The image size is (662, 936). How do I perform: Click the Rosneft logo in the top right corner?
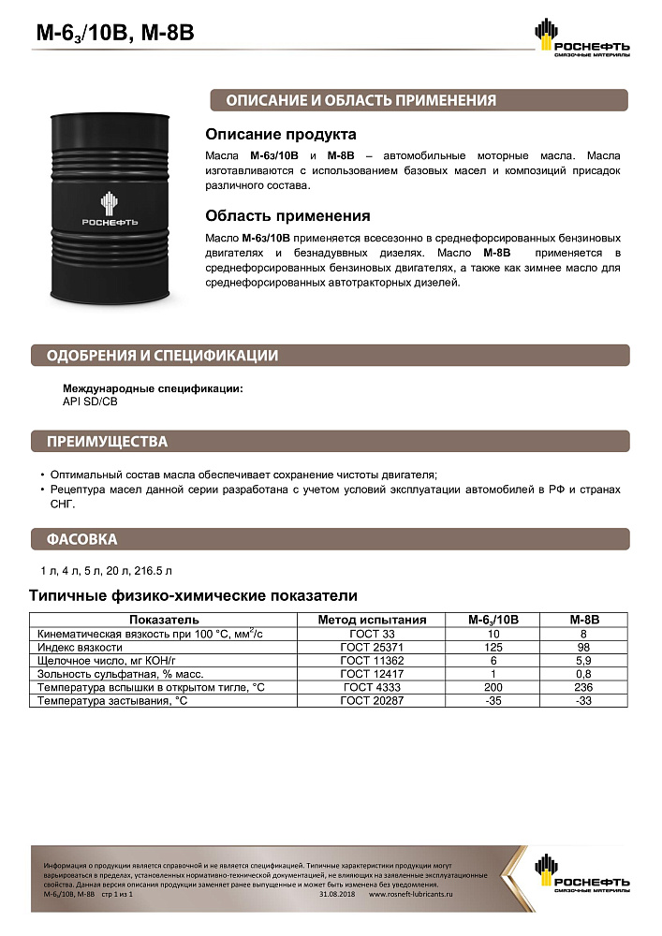581,40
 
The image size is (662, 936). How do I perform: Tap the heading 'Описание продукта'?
280,134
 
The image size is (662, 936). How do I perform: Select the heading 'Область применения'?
287,215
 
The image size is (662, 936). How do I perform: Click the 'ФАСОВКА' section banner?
81,539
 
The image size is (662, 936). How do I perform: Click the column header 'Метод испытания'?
372,620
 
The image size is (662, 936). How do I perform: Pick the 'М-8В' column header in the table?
584,620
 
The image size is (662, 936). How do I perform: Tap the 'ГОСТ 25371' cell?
372,647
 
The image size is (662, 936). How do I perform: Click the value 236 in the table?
584,687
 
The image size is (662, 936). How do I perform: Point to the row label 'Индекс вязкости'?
80,647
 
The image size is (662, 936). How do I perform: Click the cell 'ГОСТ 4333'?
372,687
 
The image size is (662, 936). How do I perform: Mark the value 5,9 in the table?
584,660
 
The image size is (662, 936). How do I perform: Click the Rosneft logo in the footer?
581,873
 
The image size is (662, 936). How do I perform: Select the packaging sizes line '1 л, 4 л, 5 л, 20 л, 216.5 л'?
106,570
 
